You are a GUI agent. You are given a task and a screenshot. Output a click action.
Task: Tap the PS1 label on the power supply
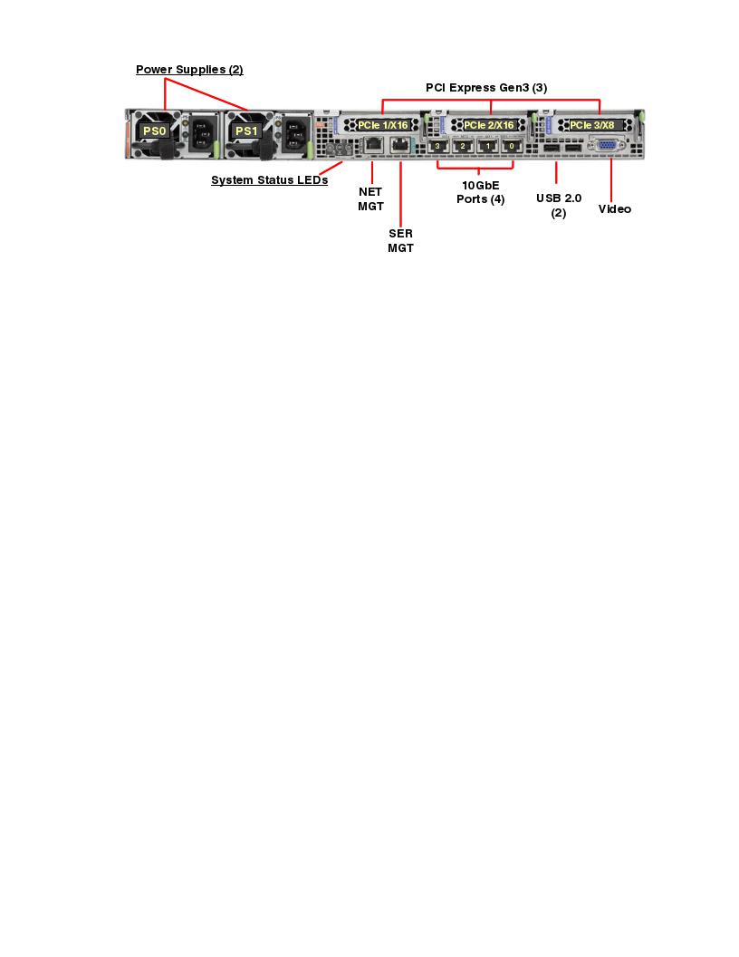[245, 131]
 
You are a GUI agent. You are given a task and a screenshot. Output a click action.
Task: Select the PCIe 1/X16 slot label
[383, 124]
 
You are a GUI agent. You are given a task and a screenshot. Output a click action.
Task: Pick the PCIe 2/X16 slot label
[489, 124]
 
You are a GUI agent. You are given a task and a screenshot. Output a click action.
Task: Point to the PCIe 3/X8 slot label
[592, 124]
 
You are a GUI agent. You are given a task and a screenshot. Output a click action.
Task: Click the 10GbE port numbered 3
[438, 145]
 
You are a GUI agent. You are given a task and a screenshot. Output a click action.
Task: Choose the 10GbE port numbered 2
[463, 145]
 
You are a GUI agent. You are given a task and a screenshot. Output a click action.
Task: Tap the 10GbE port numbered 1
[488, 145]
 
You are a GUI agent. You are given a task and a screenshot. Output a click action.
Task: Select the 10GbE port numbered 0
[513, 145]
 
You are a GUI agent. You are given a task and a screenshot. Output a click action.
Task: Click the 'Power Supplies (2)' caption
[189, 70]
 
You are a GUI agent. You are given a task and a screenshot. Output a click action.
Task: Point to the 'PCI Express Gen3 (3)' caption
[486, 88]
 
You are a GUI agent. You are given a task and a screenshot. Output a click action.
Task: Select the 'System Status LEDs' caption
[269, 180]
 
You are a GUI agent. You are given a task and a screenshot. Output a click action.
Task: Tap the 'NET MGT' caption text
[371, 198]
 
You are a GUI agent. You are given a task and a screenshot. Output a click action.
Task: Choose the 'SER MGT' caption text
[400, 240]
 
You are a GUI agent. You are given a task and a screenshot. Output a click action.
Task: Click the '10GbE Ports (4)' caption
[480, 192]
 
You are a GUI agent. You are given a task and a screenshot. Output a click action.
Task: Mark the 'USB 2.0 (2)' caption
[559, 205]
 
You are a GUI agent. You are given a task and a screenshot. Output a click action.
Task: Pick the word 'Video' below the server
[615, 209]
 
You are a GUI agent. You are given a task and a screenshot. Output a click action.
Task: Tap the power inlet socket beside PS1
[296, 136]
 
